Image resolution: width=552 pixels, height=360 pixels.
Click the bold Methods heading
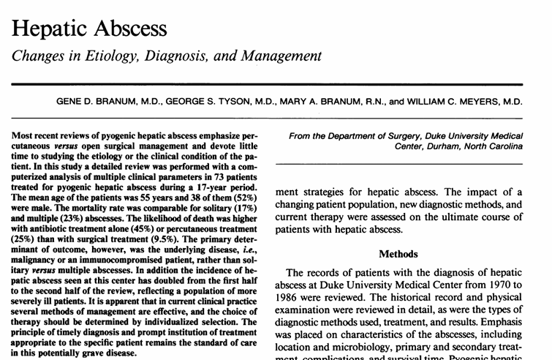point(398,254)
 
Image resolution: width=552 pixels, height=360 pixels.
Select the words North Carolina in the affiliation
point(491,146)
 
